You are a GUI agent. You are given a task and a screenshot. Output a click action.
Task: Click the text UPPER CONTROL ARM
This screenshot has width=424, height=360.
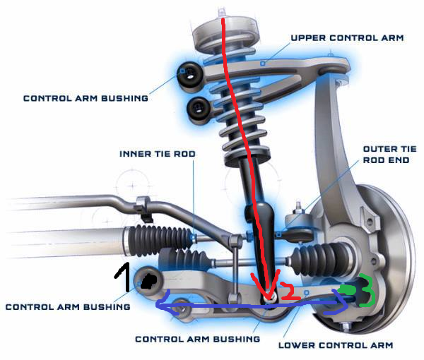[346, 37]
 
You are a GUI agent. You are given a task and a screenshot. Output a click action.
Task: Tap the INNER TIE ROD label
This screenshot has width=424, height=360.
[157, 153]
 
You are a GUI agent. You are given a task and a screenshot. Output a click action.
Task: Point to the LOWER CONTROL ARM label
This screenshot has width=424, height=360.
[335, 346]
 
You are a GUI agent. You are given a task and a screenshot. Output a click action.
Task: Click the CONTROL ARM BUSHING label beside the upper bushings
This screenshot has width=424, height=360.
[86, 98]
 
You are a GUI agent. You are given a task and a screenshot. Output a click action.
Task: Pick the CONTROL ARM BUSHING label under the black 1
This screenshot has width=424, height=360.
[67, 307]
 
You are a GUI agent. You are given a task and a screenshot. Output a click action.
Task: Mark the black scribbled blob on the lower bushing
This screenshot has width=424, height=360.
[148, 282]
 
